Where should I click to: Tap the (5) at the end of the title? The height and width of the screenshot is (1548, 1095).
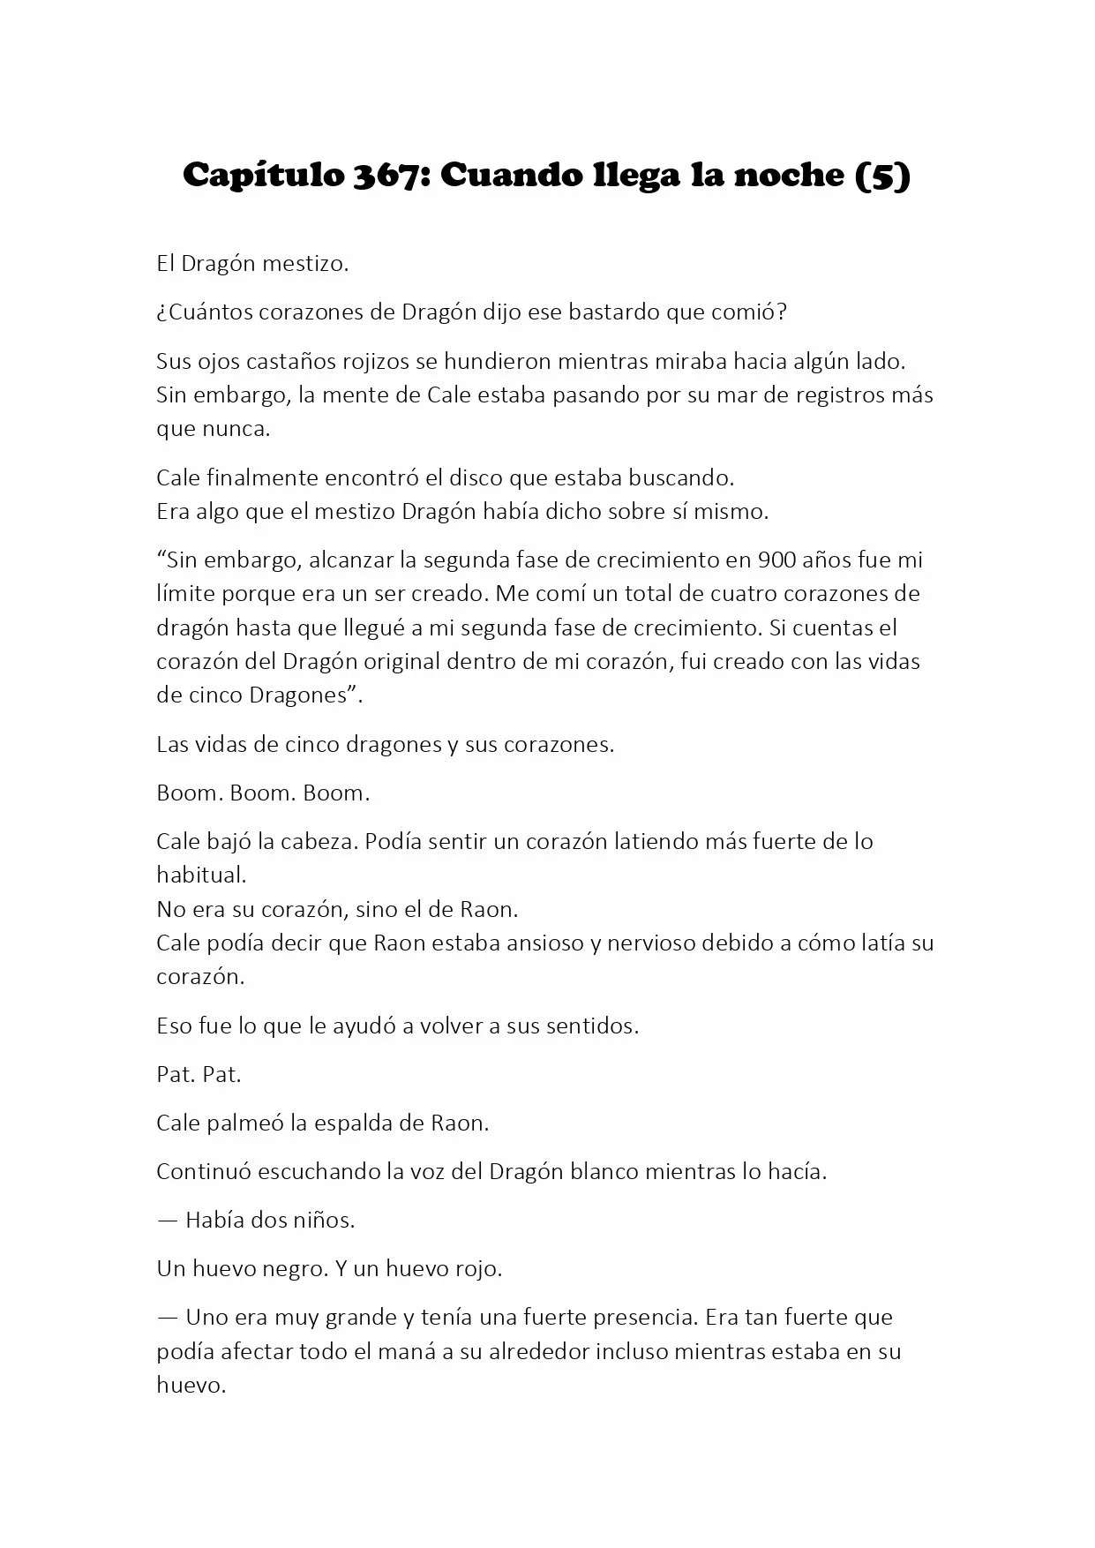point(883,176)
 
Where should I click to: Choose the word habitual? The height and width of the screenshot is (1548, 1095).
point(200,875)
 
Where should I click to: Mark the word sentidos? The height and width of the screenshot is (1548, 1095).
point(592,1026)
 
